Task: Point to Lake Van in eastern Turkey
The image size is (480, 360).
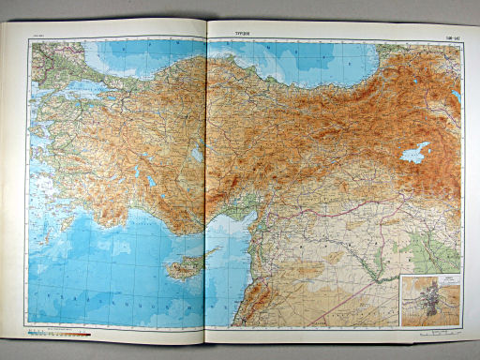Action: pyautogui.click(x=416, y=152)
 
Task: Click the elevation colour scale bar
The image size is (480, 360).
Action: pyautogui.click(x=58, y=331)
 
